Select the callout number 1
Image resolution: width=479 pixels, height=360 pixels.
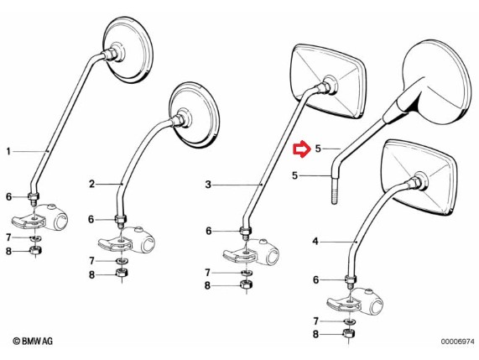(x=8, y=151)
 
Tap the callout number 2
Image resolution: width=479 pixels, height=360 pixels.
(x=92, y=184)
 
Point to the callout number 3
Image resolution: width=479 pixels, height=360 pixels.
(x=208, y=185)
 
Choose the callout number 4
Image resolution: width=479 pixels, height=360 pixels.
(x=315, y=242)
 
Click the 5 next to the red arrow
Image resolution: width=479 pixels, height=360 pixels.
(x=318, y=149)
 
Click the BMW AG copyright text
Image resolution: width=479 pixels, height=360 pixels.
(x=33, y=341)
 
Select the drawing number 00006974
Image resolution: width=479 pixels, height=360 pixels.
(x=457, y=342)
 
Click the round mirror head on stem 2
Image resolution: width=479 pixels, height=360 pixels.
(x=194, y=113)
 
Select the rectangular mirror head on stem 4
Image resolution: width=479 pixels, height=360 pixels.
(x=419, y=177)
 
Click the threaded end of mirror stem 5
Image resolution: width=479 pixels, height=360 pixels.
(x=335, y=192)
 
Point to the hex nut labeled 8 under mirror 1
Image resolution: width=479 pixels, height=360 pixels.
(x=36, y=251)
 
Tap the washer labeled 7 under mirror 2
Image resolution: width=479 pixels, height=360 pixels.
(x=122, y=261)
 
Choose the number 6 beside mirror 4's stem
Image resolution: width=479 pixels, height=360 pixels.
(x=316, y=279)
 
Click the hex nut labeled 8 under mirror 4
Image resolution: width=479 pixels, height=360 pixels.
(x=350, y=333)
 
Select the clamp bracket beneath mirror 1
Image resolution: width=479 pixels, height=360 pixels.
(x=39, y=218)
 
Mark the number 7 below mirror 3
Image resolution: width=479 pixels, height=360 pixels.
(x=208, y=272)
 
